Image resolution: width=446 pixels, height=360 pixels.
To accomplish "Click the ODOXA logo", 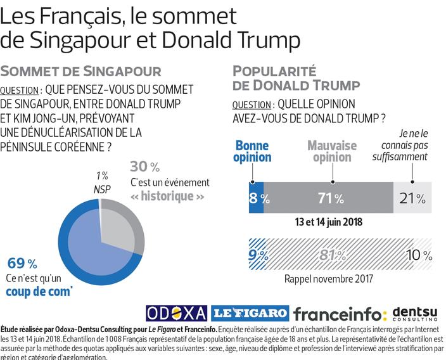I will (x=177, y=312).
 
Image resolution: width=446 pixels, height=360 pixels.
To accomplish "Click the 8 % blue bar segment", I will (x=257, y=198).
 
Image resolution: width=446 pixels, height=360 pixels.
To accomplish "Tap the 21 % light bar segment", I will (x=413, y=198).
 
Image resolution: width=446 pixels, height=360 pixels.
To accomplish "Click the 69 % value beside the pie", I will (x=23, y=263).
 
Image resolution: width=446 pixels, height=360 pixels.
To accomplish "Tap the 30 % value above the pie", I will (x=144, y=167).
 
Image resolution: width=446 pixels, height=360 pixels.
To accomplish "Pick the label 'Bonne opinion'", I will (x=252, y=151).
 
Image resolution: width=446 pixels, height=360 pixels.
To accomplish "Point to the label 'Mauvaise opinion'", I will (x=331, y=151).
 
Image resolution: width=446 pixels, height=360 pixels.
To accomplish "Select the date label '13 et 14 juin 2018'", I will (x=328, y=222).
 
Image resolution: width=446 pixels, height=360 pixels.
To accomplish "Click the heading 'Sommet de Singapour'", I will (x=80, y=70).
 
